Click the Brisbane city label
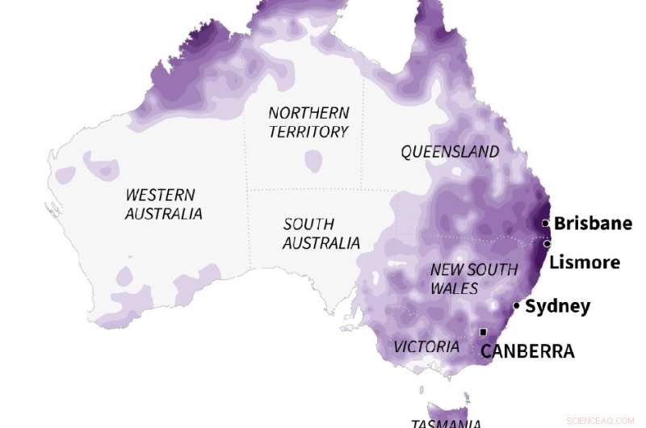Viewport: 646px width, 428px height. [x=593, y=224]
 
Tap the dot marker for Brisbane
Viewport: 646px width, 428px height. [x=546, y=223]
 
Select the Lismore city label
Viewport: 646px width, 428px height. [x=585, y=262]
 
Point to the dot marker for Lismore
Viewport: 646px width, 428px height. [x=547, y=243]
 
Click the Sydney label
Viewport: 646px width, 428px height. [x=557, y=307]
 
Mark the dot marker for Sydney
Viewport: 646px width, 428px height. [x=516, y=305]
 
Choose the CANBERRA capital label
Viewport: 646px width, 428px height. [x=527, y=351]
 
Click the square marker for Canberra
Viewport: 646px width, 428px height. [x=483, y=332]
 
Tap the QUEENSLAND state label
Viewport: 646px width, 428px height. [x=450, y=152]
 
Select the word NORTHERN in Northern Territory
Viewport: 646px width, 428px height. [x=308, y=113]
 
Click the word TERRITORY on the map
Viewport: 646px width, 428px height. [x=308, y=132]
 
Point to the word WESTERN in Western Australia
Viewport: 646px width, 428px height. [x=160, y=195]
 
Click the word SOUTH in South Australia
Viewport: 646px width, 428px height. [x=308, y=224]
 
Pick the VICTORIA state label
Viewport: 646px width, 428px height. [x=426, y=346]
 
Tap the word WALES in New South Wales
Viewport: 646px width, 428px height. [x=454, y=288]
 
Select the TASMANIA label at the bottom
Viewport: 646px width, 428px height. [x=446, y=422]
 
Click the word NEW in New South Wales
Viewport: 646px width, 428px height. [x=445, y=270]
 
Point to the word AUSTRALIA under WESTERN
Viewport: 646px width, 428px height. [x=164, y=214]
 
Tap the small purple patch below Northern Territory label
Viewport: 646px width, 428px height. [x=313, y=161]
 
